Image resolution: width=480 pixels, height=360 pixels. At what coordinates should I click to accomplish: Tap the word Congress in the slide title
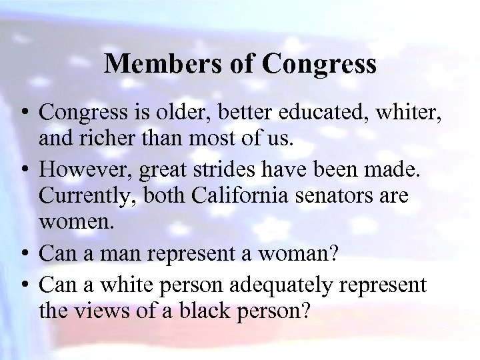click(x=320, y=65)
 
